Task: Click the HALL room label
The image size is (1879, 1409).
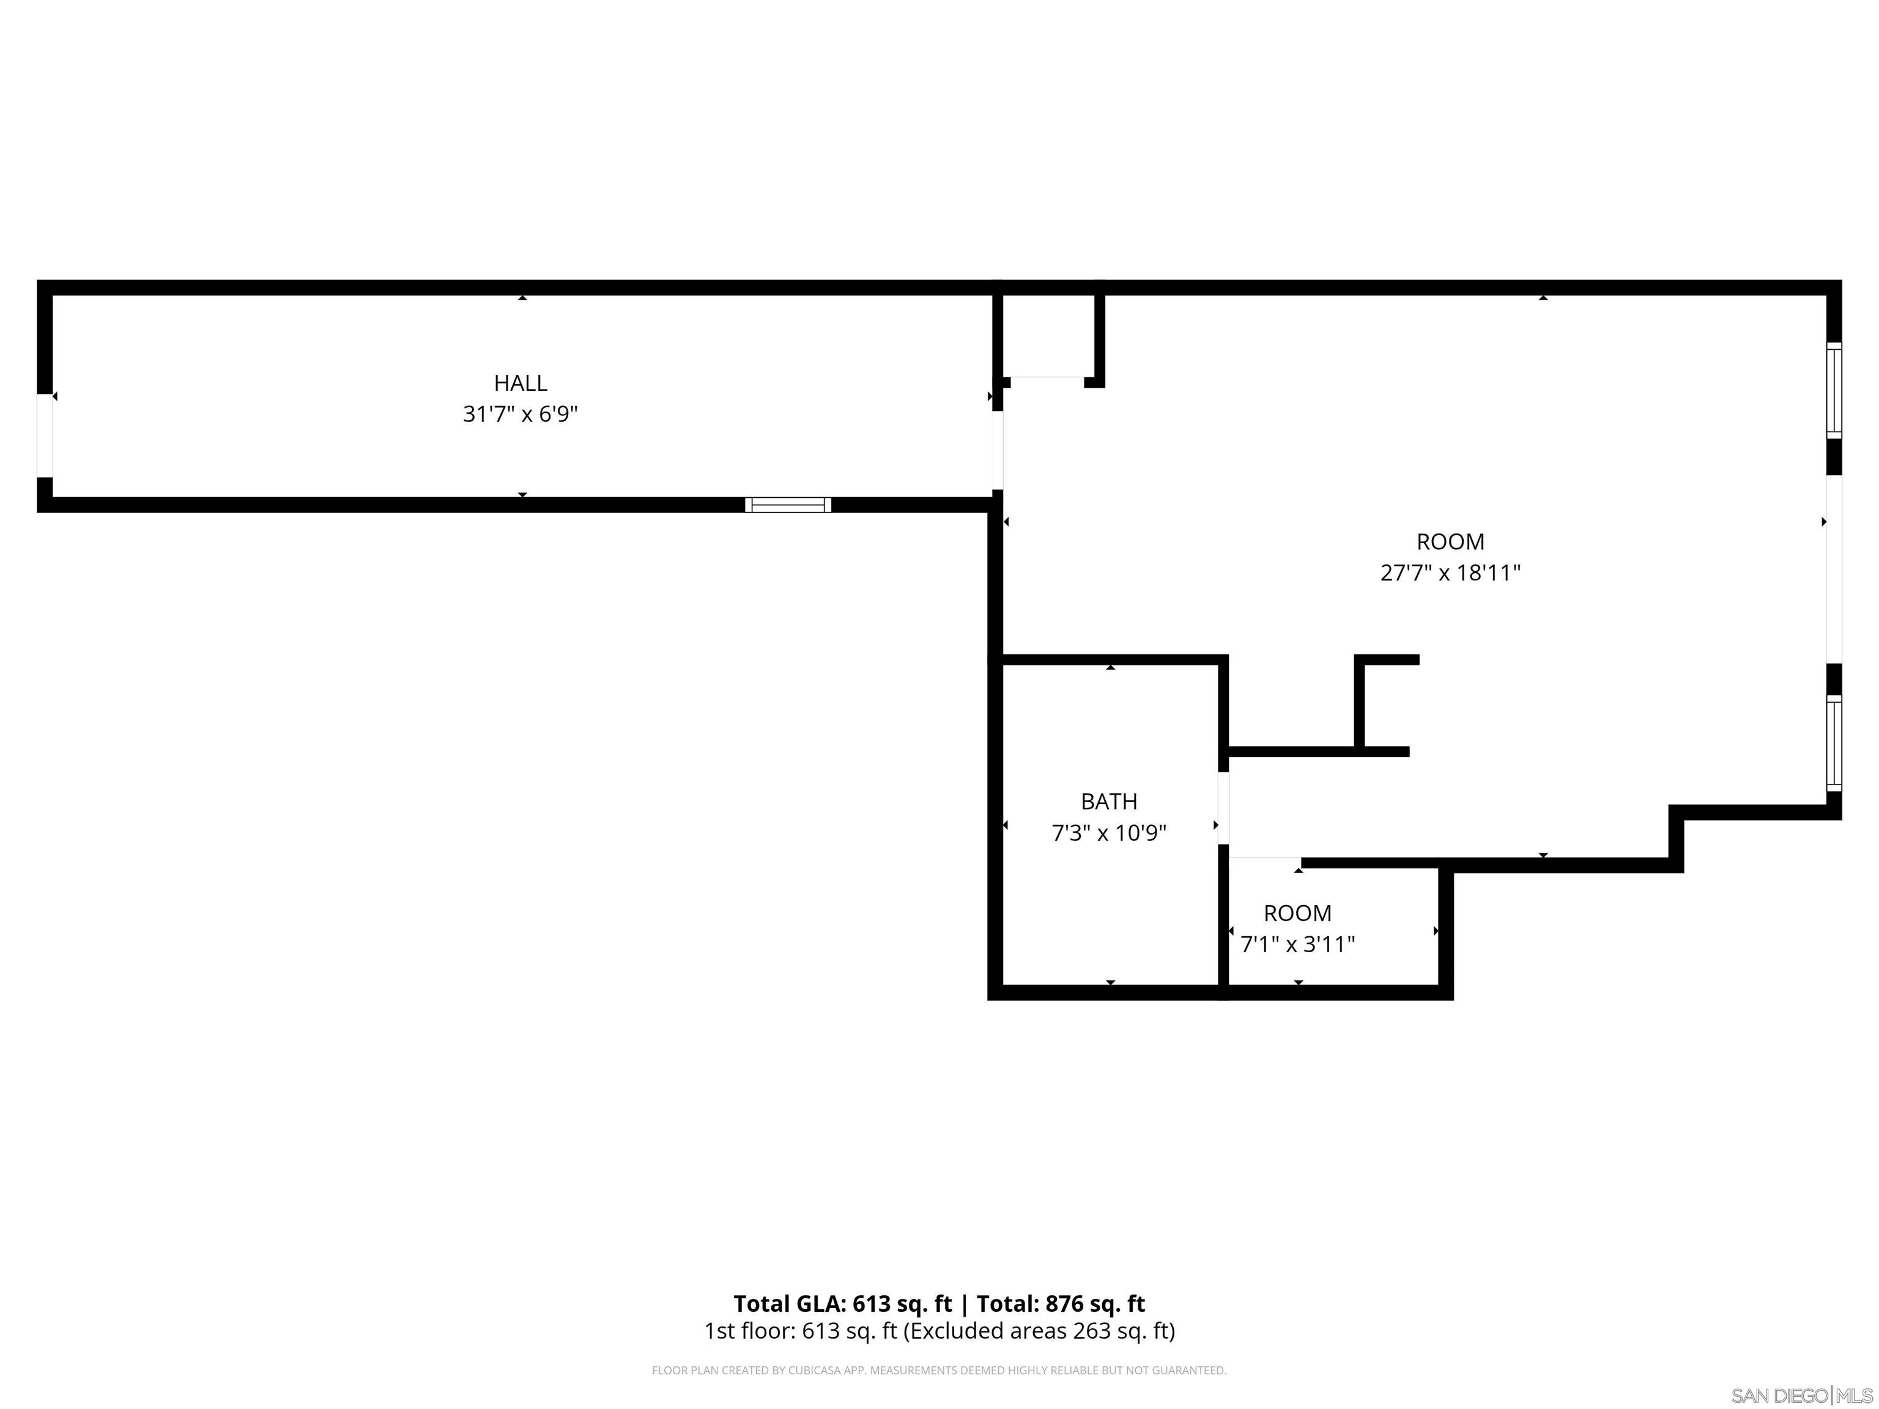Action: pos(520,383)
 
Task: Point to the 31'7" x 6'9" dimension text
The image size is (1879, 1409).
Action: pos(520,415)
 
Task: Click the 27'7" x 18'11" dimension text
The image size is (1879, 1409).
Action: pos(1450,573)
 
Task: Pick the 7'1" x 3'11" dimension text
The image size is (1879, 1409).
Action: pos(1297,944)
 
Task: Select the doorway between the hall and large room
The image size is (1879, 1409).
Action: pos(998,451)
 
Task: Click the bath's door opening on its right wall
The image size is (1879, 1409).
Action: pos(1223,808)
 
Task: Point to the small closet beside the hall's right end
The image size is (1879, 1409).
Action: pos(1048,336)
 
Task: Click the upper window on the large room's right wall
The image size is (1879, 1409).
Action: pos(1834,391)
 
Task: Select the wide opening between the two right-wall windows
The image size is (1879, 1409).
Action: pos(1834,568)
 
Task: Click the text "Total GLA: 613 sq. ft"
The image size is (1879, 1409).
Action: pos(843,1304)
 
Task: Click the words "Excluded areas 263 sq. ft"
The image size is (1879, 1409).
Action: pos(1038,1331)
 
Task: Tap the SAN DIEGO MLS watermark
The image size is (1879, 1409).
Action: pos(1801,1396)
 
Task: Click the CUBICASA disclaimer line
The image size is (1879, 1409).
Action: pos(939,1370)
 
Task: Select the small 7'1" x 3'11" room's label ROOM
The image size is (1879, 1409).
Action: pos(1297,913)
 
